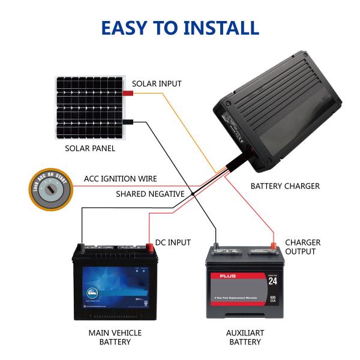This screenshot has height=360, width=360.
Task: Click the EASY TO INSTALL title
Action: [x=180, y=28]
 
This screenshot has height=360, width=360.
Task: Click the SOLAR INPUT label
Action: [x=157, y=83]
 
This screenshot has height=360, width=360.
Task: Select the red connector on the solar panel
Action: [x=128, y=94]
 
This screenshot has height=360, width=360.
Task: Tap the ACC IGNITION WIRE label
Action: [x=121, y=179]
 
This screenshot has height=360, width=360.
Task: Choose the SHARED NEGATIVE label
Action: [x=151, y=193]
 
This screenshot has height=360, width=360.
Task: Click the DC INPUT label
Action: [x=173, y=242]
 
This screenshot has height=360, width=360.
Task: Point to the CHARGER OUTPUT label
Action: [x=302, y=247]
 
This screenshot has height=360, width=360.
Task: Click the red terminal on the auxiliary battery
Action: [x=272, y=244]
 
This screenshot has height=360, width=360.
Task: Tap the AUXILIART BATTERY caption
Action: [x=245, y=337]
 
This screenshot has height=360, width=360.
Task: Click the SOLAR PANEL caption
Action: [x=90, y=148]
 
